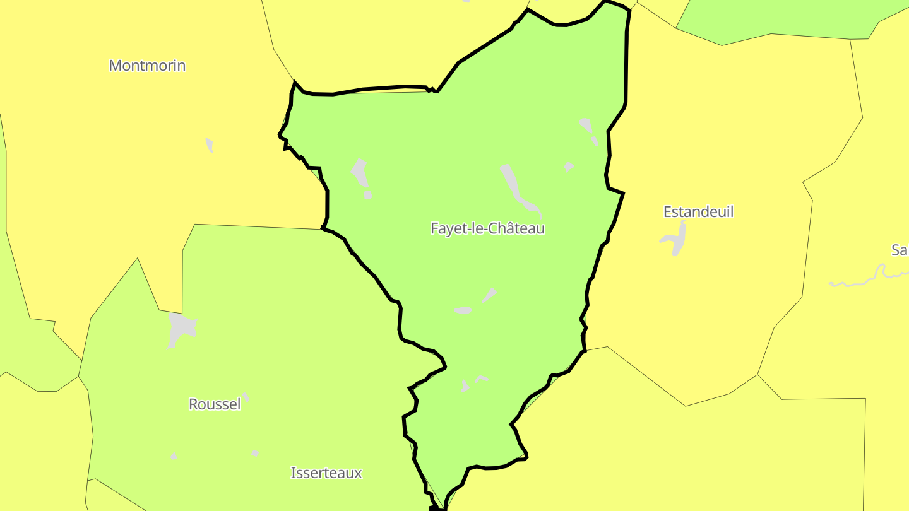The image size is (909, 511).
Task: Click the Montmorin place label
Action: tap(147, 66)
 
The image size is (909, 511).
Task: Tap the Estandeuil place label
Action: tap(698, 212)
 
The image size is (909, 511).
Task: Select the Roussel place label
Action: tap(215, 404)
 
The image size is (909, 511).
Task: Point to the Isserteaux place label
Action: tap(326, 473)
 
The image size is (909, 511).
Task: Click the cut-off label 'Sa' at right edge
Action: tap(900, 250)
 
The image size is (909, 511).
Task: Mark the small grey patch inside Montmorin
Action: tap(210, 144)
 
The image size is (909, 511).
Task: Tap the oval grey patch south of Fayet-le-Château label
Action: tap(463, 310)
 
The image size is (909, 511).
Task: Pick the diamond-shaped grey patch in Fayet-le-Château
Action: tap(490, 295)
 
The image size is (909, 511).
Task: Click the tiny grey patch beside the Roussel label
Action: tap(246, 397)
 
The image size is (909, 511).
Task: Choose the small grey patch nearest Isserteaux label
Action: tap(255, 453)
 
